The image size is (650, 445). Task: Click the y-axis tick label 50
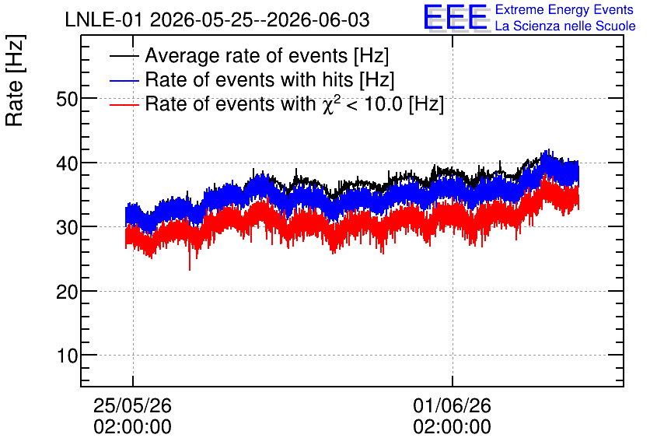point(67,99)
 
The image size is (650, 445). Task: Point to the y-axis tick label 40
point(67,164)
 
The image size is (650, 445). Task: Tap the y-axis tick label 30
point(67,228)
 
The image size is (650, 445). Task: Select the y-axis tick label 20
point(67,293)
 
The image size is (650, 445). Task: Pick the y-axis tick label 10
point(67,356)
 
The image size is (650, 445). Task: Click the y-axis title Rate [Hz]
point(15,80)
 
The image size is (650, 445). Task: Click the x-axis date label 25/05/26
point(132,405)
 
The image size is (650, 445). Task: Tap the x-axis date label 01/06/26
point(452,405)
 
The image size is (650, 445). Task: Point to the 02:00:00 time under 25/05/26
point(132,427)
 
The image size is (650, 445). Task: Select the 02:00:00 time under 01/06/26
point(452,427)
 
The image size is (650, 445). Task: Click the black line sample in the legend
point(124,56)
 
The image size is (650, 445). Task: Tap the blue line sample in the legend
point(124,80)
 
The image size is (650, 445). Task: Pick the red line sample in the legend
point(124,104)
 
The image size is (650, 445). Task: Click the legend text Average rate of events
point(246,55)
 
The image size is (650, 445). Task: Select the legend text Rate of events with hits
point(249,79)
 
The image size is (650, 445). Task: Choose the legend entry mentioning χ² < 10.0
point(295,103)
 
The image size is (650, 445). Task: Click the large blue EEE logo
point(456,17)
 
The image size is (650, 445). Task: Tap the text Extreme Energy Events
point(564,9)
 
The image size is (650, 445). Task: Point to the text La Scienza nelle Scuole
point(565,26)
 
